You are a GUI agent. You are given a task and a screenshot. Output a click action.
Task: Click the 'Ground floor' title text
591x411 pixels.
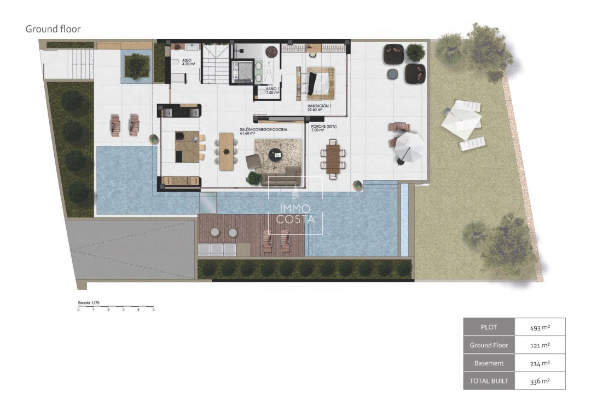click(53, 28)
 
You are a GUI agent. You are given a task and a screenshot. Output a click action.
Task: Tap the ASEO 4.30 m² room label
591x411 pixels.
click(189, 62)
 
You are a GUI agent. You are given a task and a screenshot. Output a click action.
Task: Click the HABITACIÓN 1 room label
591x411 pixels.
click(319, 107)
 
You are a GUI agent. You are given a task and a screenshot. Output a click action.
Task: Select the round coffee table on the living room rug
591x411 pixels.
click(277, 155)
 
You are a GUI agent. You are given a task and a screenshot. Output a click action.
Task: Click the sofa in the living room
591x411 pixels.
click(281, 179)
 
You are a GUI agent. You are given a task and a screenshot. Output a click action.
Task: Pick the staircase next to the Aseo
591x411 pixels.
click(215, 64)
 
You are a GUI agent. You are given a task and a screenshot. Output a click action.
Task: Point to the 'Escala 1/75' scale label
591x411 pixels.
click(88, 302)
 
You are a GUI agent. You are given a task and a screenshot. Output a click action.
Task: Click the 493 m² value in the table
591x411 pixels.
click(540, 328)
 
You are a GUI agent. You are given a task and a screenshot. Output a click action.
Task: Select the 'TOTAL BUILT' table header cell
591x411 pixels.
click(489, 381)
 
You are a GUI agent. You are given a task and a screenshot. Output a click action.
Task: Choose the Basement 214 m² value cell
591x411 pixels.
click(540, 363)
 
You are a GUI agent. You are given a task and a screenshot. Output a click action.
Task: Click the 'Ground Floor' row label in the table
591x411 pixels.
click(489, 345)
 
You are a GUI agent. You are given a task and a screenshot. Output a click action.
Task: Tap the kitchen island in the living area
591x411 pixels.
click(187, 146)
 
